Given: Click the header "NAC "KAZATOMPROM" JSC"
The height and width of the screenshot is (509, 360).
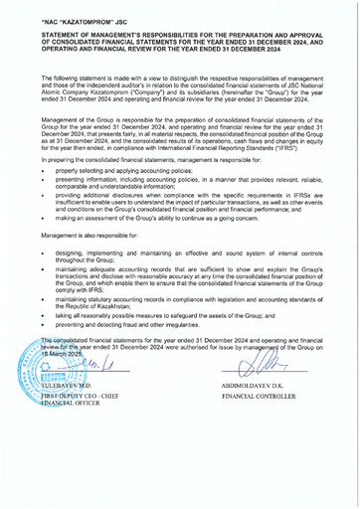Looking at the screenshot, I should point(79,20).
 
